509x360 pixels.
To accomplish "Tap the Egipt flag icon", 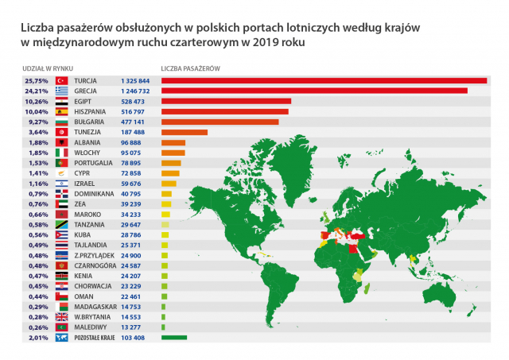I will coord(62,101).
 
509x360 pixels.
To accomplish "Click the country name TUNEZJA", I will coord(87,132).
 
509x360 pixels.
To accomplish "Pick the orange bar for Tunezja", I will coord(184,132).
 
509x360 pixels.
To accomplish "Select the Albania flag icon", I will coord(62,142).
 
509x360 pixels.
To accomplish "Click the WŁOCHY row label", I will coord(87,153).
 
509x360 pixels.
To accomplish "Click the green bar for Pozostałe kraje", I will coord(173,338).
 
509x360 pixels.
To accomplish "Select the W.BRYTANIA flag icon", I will coord(62,315).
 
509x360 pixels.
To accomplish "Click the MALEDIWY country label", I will coord(90,326).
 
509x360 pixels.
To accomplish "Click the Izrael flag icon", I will coord(62,183).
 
